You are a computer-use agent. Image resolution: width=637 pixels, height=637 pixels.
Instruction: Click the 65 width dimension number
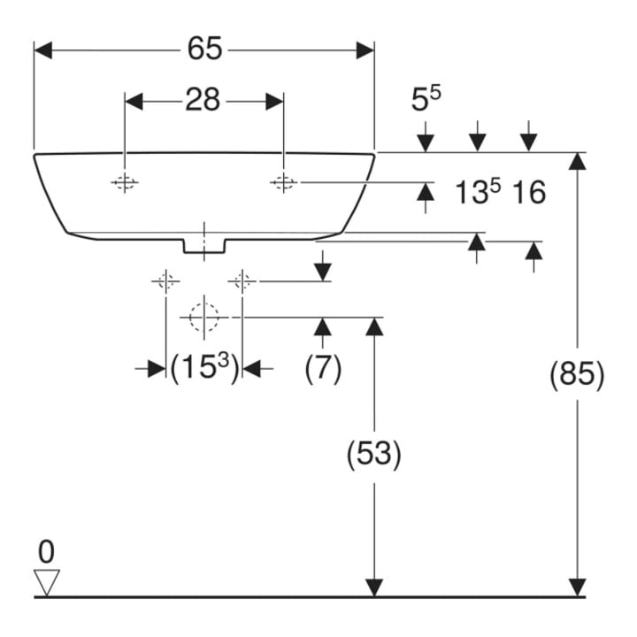pyautogui.click(x=204, y=49)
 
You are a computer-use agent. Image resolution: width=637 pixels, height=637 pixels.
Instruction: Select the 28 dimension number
pyautogui.click(x=203, y=100)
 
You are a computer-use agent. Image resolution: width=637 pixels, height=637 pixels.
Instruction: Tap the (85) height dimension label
pyautogui.click(x=577, y=373)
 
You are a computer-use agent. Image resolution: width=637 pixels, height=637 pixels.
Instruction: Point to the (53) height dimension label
pyautogui.click(x=373, y=453)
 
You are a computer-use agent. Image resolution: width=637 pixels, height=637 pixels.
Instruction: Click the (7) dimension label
pyautogui.click(x=323, y=368)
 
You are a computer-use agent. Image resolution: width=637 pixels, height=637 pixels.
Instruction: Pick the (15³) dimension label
pyautogui.click(x=204, y=367)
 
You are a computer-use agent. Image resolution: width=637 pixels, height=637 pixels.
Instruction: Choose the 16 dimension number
pyautogui.click(x=528, y=192)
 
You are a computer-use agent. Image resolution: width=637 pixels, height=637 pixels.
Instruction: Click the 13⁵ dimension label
pyautogui.click(x=478, y=191)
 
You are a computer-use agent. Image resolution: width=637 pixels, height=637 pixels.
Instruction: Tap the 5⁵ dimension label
pyautogui.click(x=426, y=98)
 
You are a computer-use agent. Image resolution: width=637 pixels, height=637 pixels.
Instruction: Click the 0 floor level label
pyautogui.click(x=46, y=552)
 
